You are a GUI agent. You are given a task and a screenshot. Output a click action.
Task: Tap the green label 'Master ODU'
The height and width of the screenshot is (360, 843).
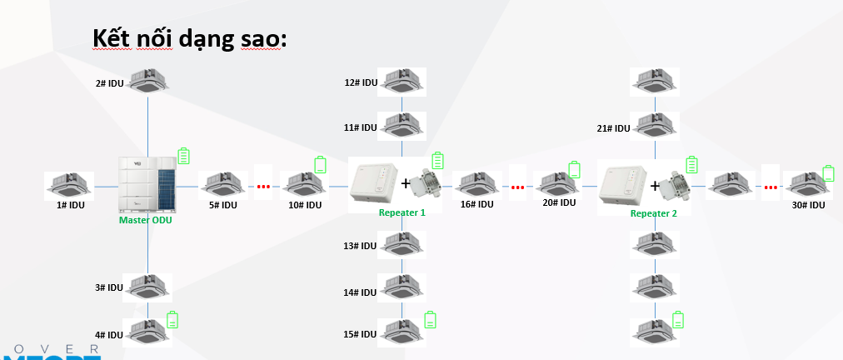[x=147, y=220]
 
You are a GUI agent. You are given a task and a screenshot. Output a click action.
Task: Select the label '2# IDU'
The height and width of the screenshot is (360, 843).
[x=109, y=84]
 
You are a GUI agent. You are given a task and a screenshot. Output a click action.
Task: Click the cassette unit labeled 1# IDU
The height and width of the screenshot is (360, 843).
[x=70, y=183]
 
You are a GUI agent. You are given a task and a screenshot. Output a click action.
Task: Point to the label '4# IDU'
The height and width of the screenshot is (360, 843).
[x=108, y=335]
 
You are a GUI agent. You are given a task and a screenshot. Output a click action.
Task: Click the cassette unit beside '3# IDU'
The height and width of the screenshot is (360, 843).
[x=148, y=287]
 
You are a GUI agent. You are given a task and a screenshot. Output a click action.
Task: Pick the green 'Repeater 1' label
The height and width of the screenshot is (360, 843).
[x=402, y=212]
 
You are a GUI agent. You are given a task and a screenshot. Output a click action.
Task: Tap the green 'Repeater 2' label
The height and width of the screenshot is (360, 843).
[x=654, y=213]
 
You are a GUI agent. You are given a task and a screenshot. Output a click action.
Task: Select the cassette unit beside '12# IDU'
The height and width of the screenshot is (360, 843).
[x=402, y=81]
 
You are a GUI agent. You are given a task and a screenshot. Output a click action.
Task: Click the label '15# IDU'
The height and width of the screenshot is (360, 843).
[x=361, y=335]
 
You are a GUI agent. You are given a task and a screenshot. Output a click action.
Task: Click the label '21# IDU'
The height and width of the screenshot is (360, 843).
[x=616, y=128]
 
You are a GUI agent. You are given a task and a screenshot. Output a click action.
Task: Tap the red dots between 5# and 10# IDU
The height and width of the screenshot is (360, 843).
[x=264, y=186]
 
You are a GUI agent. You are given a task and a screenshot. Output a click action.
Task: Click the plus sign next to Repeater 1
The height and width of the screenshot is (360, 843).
[x=406, y=183]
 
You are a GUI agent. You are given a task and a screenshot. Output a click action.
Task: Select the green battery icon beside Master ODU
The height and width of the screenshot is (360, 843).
[x=184, y=156]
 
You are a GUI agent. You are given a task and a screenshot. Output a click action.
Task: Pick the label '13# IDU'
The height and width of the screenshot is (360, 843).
[x=361, y=246]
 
